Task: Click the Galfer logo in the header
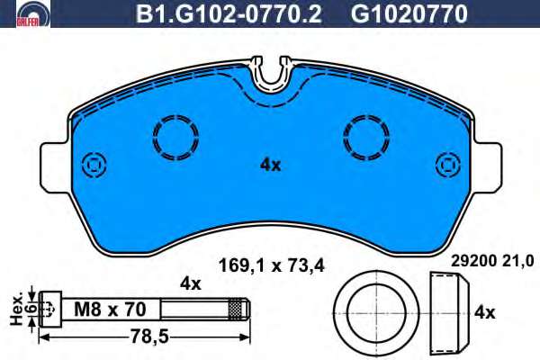(x=33, y=13)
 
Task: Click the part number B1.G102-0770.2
(x=229, y=13)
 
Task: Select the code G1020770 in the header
(x=409, y=13)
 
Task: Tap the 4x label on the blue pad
(x=270, y=166)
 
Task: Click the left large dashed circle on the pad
(x=175, y=138)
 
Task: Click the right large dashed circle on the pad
(x=366, y=138)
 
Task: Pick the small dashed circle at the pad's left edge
(x=94, y=165)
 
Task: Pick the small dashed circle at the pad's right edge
(x=448, y=165)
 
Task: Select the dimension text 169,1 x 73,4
(x=272, y=266)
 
